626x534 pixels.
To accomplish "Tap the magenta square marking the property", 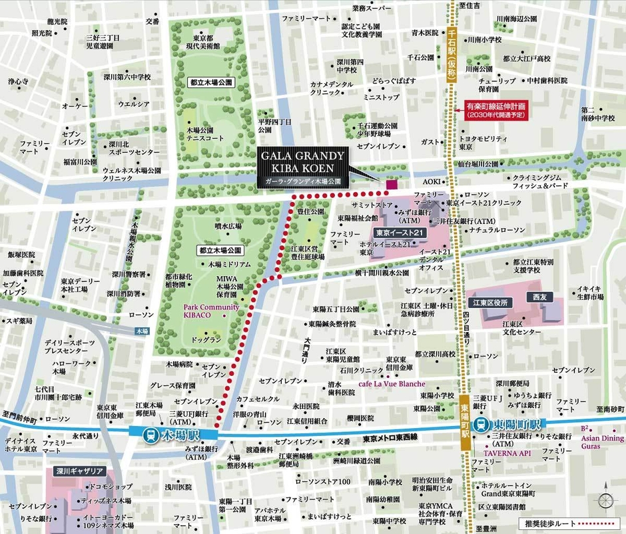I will tap(391, 184).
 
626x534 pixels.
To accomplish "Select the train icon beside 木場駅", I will tap(152, 434).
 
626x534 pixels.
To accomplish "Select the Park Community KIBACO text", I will tap(211, 311).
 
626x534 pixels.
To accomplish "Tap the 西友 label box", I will tap(538, 295).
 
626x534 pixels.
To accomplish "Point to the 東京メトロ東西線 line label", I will tap(390, 437).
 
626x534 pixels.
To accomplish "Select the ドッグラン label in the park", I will tap(206, 340).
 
